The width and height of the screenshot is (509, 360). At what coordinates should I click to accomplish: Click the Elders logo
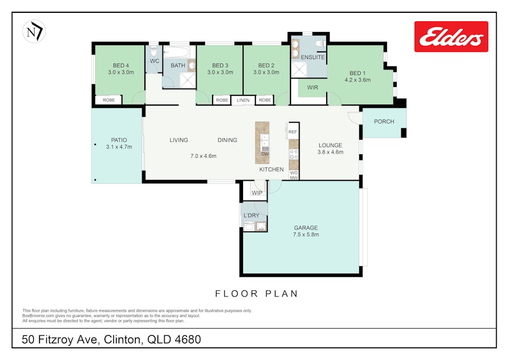pyautogui.click(x=451, y=36)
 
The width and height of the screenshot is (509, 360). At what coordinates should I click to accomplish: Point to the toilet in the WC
pyautogui.click(x=153, y=52)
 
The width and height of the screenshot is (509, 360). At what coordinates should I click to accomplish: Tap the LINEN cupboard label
pyautogui.click(x=243, y=100)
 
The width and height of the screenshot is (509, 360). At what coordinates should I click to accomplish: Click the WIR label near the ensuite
pyautogui.click(x=312, y=87)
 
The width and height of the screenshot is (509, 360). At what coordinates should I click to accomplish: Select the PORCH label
pyautogui.click(x=384, y=122)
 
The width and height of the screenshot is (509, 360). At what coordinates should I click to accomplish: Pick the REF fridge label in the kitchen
pyautogui.click(x=293, y=131)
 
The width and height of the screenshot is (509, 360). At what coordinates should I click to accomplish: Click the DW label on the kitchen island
pyautogui.click(x=264, y=155)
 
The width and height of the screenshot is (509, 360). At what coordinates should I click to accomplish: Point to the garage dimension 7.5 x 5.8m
pyautogui.click(x=306, y=235)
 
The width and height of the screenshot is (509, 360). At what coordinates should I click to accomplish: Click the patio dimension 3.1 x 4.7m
pyautogui.click(x=118, y=147)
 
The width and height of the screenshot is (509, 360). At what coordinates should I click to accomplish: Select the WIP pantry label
pyautogui.click(x=257, y=193)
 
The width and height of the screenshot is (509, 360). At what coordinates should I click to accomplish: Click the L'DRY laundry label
pyautogui.click(x=251, y=215)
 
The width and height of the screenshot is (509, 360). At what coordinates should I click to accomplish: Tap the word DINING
pyautogui.click(x=227, y=140)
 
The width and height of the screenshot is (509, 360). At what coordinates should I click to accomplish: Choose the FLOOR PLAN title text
pyautogui.click(x=256, y=294)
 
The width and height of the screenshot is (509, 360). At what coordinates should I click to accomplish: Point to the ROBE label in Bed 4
pyautogui.click(x=109, y=100)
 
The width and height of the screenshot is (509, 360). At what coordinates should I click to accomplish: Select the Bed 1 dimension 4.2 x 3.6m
pyautogui.click(x=357, y=80)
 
